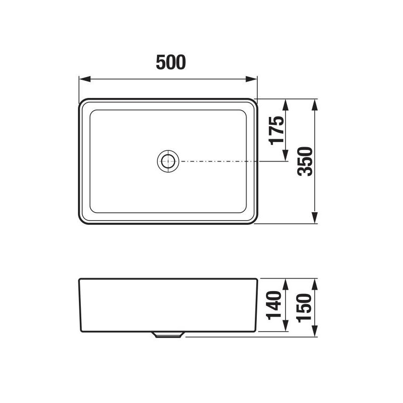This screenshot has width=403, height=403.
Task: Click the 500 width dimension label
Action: click(x=170, y=62)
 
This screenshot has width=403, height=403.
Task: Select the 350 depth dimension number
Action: click(x=305, y=161)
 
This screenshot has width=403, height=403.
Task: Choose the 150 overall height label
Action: click(x=305, y=307)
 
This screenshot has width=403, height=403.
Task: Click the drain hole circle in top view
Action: click(x=167, y=161)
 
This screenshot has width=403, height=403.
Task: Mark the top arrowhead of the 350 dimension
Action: click(x=315, y=104)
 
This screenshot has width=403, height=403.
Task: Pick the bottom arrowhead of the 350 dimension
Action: click(x=315, y=219)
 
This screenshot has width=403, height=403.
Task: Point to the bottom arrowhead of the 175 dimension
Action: click(x=286, y=156)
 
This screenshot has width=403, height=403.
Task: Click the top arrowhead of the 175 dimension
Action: click(x=286, y=104)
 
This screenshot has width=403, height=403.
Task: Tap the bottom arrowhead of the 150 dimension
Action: click(x=315, y=332)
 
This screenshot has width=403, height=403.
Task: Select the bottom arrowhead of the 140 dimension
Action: click(x=286, y=327)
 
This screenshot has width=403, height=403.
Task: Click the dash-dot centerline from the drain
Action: click(x=218, y=161)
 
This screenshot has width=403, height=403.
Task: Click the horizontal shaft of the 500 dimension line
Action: click(x=139, y=79)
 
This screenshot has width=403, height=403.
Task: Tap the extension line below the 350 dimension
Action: click(x=288, y=224)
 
